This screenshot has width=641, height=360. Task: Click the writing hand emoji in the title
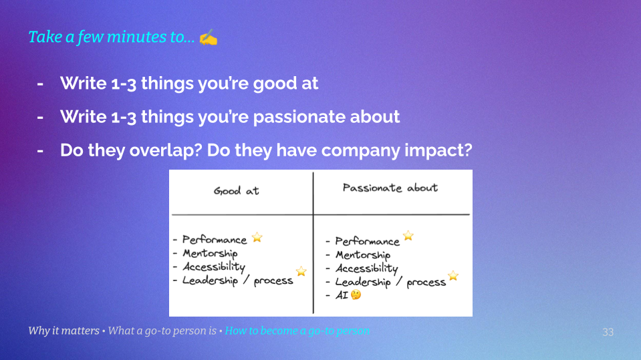209,37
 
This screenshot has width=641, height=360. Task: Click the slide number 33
608,332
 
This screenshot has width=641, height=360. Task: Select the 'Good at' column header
236,191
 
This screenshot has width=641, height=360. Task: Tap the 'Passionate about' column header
390,188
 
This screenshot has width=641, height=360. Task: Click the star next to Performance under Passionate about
408,236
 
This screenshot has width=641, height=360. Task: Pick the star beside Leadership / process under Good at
301,271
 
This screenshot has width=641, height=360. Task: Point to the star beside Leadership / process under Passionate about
453,276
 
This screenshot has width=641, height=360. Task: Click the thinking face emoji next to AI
356,295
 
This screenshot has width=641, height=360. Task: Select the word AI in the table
342,295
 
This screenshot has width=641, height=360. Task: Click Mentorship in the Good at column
210,253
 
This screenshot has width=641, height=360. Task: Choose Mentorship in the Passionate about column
362,255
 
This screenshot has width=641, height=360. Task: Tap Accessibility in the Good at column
214,266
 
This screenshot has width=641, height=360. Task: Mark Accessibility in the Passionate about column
366,268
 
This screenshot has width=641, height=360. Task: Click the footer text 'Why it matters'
64,331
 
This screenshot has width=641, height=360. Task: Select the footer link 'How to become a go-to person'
297,331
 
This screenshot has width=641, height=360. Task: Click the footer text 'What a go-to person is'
163,331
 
